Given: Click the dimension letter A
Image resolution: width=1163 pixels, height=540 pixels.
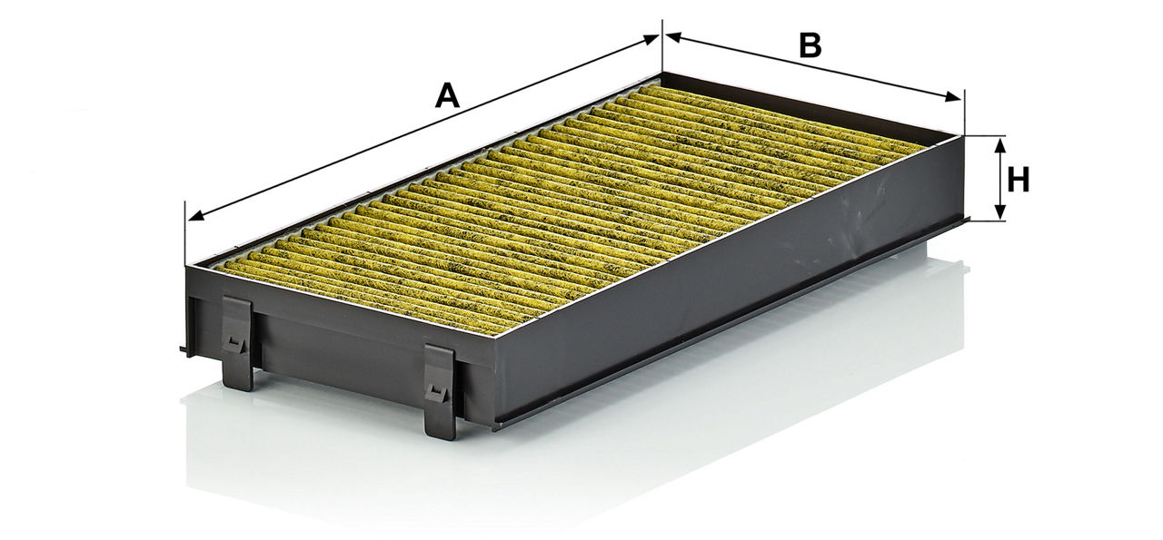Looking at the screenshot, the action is tap(447, 96).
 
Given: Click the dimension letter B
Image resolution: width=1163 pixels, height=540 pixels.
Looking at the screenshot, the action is tap(810, 45).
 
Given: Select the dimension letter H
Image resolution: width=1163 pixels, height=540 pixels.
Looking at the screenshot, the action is tap(1019, 181).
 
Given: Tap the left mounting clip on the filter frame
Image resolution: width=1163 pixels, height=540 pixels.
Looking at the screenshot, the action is tap(238, 343).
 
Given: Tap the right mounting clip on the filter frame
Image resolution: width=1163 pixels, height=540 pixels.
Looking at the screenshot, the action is tap(441, 392).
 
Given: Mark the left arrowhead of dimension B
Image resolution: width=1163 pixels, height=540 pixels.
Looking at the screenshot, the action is tap(673, 37).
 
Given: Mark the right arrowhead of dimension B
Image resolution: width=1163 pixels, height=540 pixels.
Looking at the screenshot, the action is tap(952, 97).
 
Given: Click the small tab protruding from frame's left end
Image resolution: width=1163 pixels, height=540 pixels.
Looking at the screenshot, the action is tap(184, 350).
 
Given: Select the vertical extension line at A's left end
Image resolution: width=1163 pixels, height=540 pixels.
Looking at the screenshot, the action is tap(184, 233).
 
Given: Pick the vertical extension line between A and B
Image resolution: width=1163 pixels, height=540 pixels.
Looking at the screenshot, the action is tap(662, 46).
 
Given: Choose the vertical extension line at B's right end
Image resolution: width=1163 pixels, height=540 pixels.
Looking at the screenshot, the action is tap(964, 112).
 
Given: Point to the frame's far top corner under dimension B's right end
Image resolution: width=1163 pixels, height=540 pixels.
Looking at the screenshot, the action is tap(964, 136).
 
